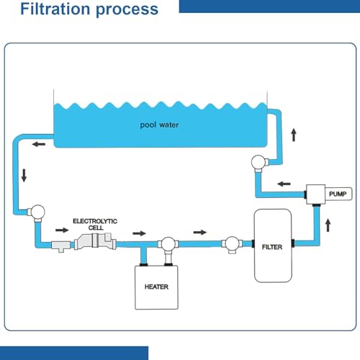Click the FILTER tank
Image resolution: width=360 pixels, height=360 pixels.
(273, 246)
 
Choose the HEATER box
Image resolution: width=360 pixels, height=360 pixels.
(156, 286)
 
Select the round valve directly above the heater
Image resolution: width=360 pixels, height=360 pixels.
(166, 245)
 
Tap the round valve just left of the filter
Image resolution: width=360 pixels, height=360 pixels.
(232, 245)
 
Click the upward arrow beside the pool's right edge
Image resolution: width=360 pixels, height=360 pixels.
(294, 133)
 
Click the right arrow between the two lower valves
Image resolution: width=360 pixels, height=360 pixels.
(200, 233)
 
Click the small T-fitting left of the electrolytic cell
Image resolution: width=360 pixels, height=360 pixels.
(60, 246)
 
